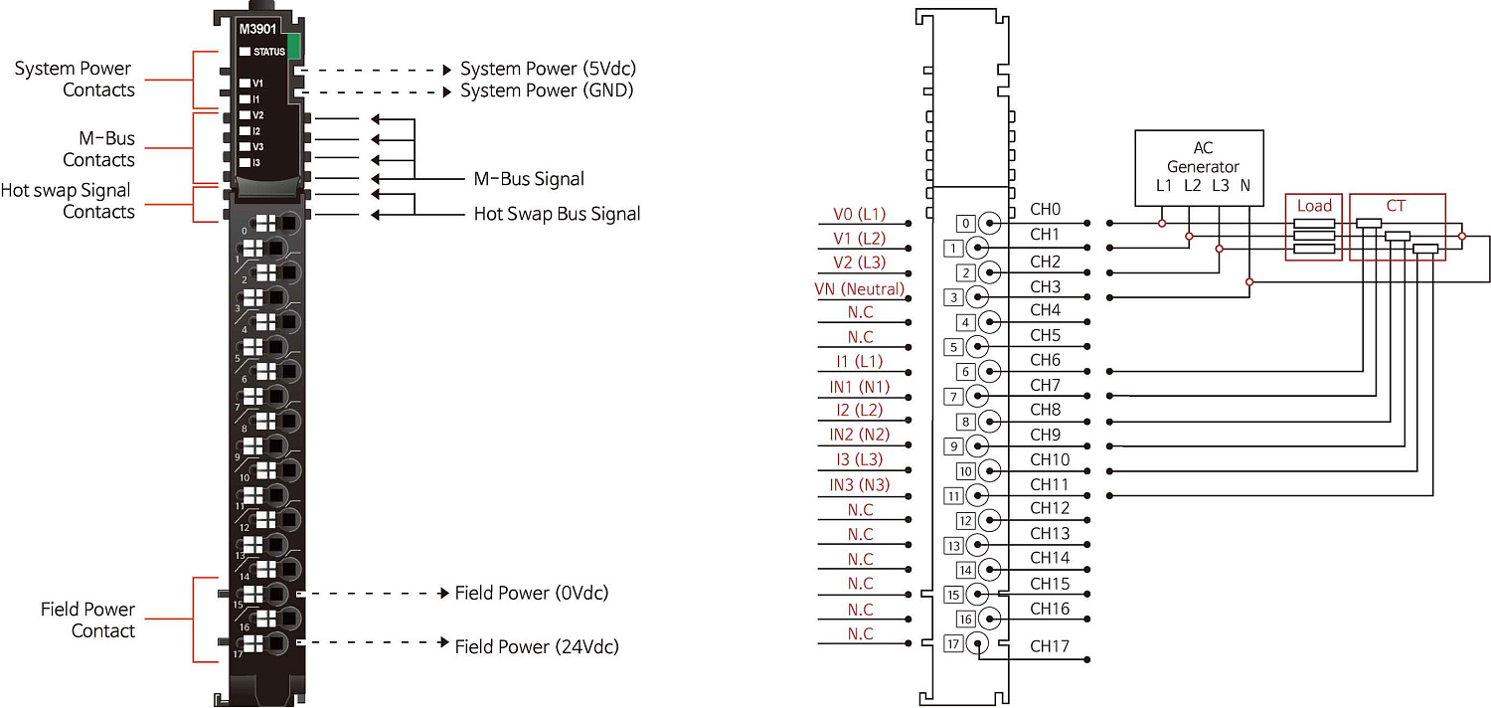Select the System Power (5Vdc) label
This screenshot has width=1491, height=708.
[548, 70]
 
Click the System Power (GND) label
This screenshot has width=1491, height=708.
[547, 91]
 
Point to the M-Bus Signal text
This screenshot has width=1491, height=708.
[529, 180]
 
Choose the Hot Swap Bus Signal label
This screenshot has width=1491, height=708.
[557, 214]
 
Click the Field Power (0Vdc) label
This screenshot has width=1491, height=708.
[532, 594]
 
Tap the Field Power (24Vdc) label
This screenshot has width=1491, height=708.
[537, 647]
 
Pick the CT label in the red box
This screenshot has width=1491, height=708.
[1396, 206]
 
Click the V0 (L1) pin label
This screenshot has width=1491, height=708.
[859, 214]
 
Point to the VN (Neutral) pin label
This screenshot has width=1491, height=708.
[859, 289]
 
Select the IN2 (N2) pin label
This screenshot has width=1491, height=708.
[859, 435]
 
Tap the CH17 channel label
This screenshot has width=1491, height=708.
[1050, 647]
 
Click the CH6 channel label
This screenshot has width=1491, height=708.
[1045, 360]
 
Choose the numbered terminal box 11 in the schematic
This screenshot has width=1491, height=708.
[953, 495]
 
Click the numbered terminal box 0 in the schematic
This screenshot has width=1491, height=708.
[965, 223]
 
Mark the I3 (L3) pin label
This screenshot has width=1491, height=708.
[859, 459]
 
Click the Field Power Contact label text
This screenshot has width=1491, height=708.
[87, 620]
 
